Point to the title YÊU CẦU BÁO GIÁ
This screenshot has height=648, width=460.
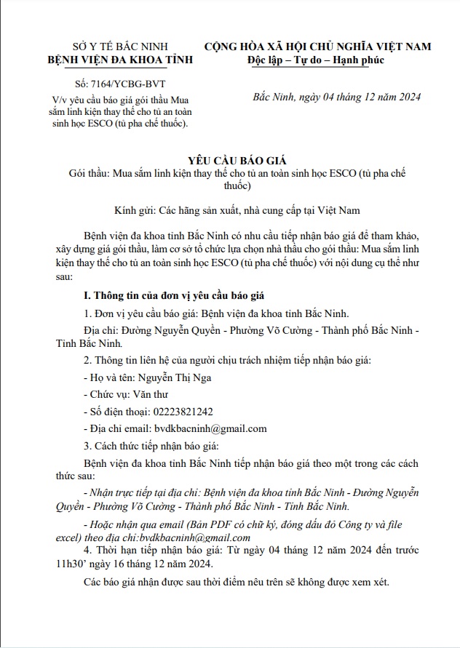click(x=229, y=161)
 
